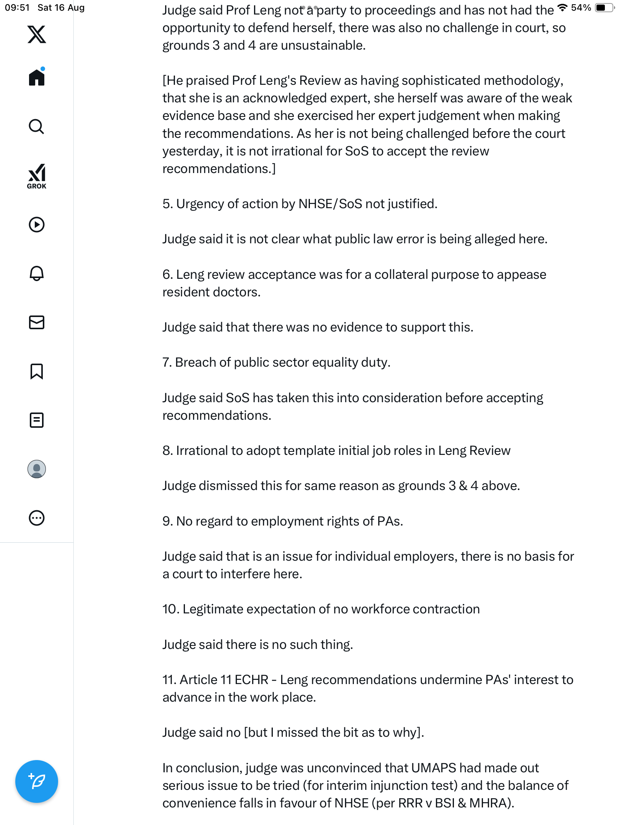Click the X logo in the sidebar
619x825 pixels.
(x=37, y=34)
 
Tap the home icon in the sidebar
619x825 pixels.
(x=37, y=78)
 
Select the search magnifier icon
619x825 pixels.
(x=37, y=126)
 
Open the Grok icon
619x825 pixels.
(x=37, y=176)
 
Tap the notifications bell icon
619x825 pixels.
(x=37, y=273)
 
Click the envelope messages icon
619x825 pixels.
(x=37, y=322)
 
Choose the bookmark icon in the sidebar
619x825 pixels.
(x=37, y=371)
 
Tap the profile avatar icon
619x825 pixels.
(x=37, y=469)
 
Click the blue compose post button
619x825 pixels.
(x=37, y=781)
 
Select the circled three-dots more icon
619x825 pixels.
(x=37, y=518)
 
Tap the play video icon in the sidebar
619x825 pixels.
(x=37, y=225)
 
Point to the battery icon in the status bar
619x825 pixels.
(x=604, y=8)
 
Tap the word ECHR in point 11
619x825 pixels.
(x=251, y=680)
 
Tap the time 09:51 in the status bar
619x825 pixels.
(x=17, y=8)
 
